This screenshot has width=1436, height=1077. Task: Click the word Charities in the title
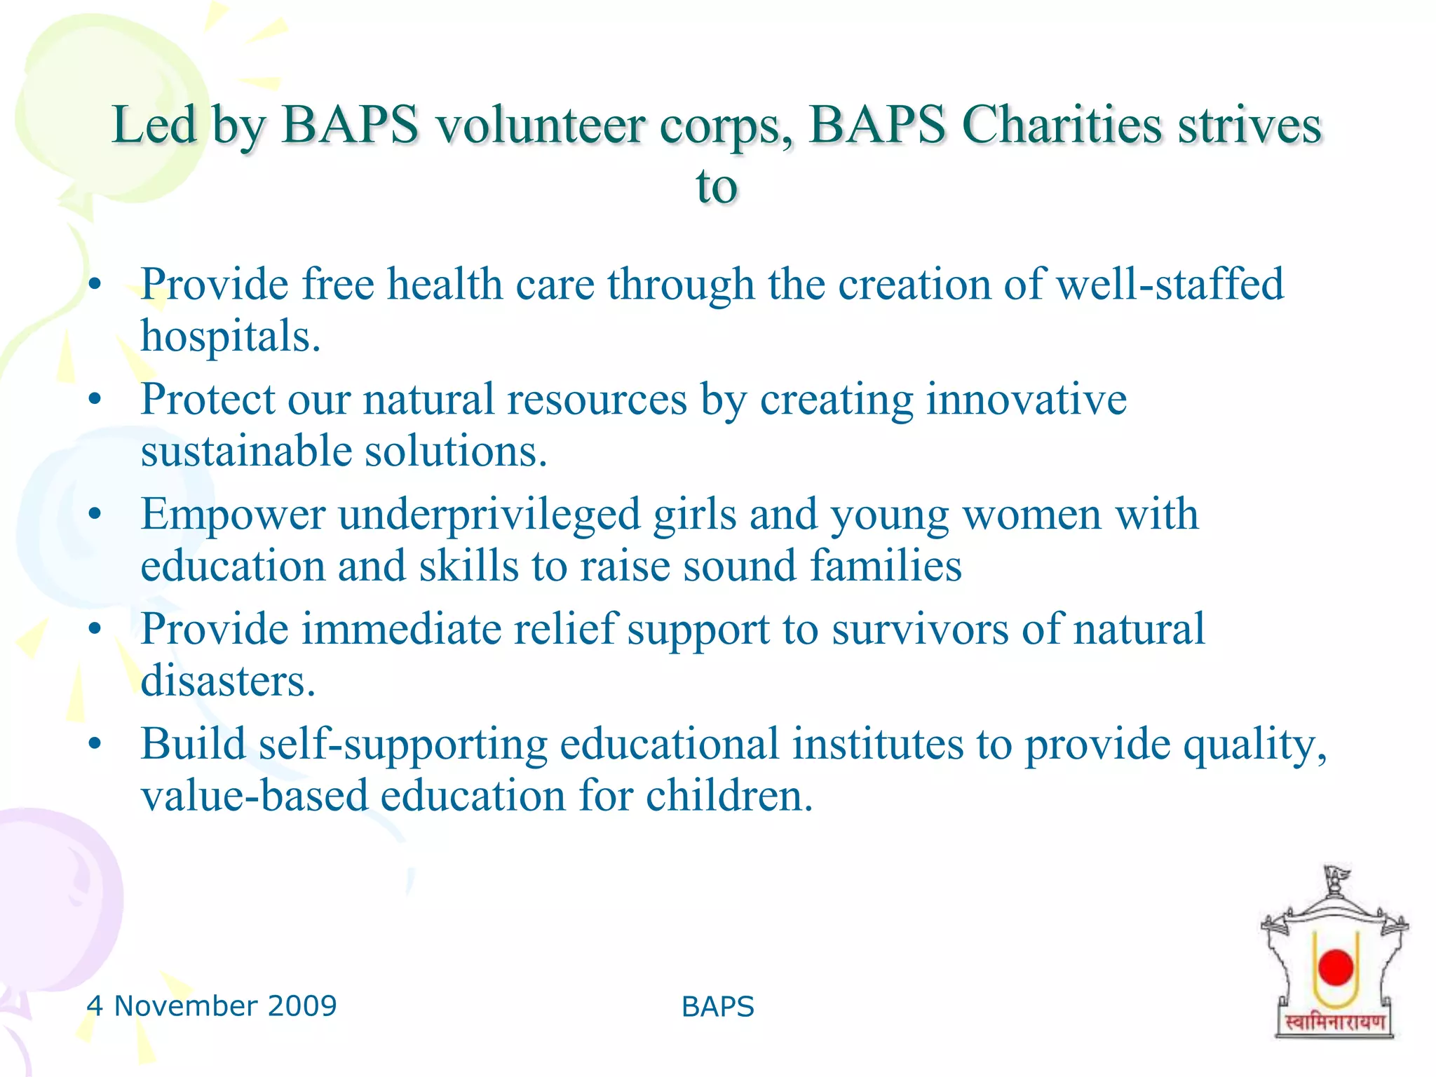click(1061, 125)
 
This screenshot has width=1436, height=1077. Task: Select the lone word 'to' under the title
click(717, 187)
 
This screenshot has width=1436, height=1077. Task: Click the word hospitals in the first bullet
click(230, 337)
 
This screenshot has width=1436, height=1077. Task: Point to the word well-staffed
click(1170, 284)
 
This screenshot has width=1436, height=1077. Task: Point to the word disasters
click(227, 681)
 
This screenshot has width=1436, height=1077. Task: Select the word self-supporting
click(402, 745)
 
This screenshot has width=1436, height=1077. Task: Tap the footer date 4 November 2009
click(212, 1006)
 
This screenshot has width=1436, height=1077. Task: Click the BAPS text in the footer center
click(717, 1007)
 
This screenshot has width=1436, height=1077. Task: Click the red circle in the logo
click(1335, 967)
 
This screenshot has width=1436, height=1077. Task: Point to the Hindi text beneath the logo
click(1334, 1022)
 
